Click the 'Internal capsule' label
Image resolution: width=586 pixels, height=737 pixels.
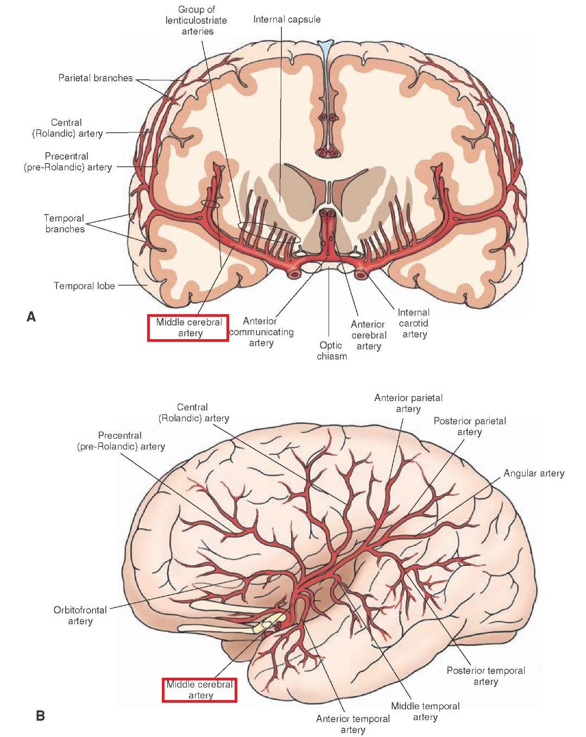point(287,20)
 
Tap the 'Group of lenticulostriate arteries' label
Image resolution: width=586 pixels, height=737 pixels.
point(196,20)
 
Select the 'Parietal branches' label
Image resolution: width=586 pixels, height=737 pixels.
point(96,78)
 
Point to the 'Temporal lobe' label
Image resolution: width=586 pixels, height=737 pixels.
point(84,286)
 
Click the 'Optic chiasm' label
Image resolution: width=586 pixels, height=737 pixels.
point(332,351)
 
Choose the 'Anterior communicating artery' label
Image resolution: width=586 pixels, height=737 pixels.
point(261,332)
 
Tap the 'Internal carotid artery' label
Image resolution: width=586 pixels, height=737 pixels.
point(414,323)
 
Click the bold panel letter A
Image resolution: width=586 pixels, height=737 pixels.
point(31,317)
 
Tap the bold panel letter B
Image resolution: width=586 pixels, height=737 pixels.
point(40,716)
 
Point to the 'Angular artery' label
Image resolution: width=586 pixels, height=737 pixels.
point(534,473)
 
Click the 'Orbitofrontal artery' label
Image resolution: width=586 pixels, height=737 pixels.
point(80,615)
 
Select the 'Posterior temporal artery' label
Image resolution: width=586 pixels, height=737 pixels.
point(486,676)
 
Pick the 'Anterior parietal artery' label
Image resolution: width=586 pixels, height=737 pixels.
point(408,403)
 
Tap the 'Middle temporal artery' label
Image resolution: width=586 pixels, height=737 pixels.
point(425,711)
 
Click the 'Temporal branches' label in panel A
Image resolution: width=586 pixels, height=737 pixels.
point(64,223)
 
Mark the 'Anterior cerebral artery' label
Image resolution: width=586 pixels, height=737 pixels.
point(369,335)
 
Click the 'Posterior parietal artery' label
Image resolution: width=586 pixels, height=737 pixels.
point(470,426)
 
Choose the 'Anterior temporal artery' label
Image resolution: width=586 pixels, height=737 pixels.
point(353,724)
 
